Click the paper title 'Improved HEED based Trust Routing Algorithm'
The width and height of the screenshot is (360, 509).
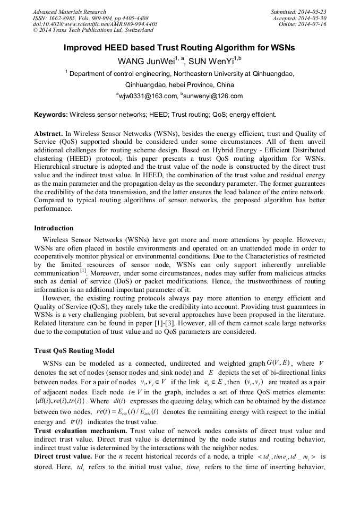tap(179, 48)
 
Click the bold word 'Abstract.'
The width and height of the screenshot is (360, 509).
tap(48, 134)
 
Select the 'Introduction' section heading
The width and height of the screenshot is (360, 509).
tap(54, 228)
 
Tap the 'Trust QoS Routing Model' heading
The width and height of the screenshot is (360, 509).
tap(74, 351)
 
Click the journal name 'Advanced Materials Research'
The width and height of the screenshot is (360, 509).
tap(69, 12)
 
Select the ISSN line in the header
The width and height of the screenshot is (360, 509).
tap(90, 18)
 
